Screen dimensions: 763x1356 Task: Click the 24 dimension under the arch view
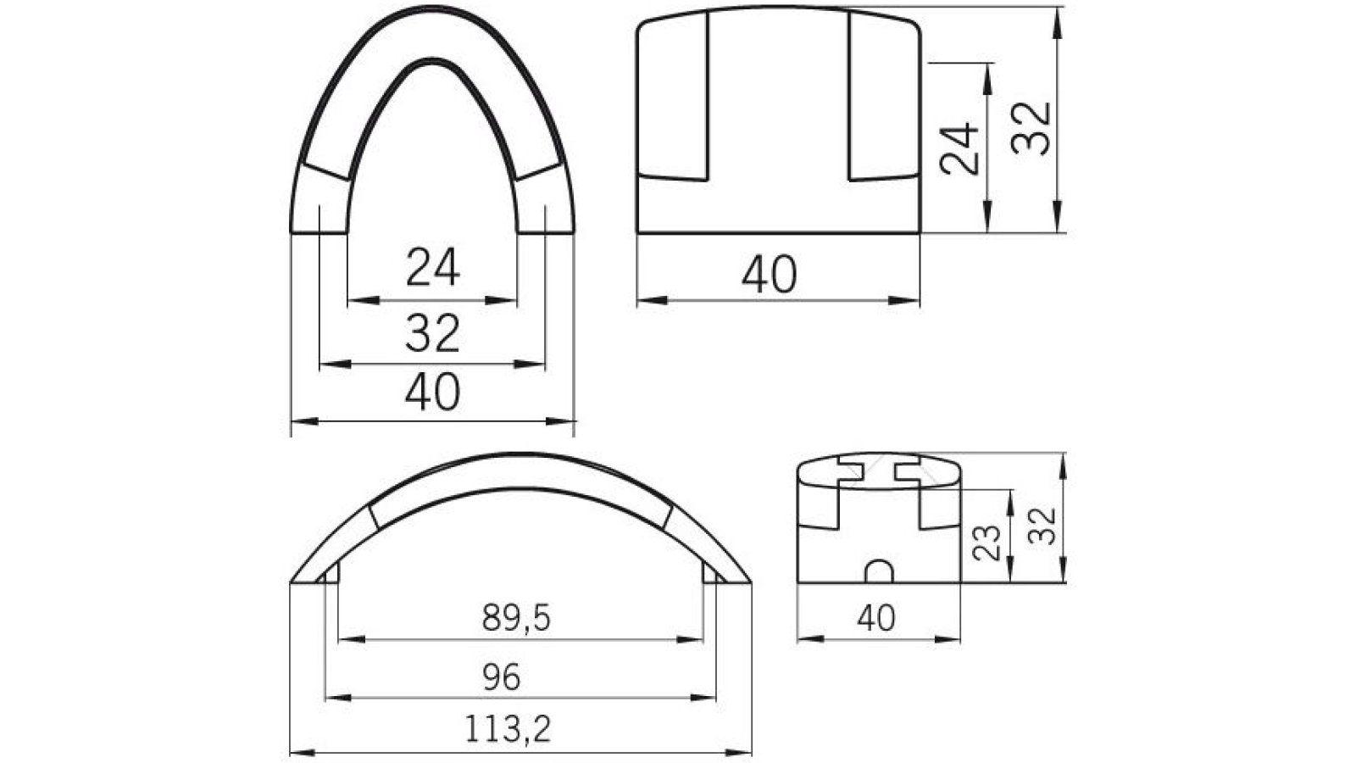click(432, 267)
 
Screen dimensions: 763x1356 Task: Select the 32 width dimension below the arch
click(432, 332)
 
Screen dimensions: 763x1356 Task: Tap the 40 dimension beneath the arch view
click(432, 392)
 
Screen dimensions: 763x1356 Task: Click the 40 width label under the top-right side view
click(770, 276)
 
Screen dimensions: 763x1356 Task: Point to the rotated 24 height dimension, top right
click(960, 149)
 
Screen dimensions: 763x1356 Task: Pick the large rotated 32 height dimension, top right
click(1032, 127)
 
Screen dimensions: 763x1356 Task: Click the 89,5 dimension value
click(516, 619)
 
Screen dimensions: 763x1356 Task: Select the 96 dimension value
click(501, 677)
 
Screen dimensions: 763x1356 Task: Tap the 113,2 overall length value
click(507, 728)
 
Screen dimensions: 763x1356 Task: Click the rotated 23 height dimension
click(986, 543)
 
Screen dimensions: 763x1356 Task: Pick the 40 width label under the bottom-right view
click(875, 618)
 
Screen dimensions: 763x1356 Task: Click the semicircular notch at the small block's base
click(879, 571)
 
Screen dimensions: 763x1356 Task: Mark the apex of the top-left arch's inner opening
click(431, 62)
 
